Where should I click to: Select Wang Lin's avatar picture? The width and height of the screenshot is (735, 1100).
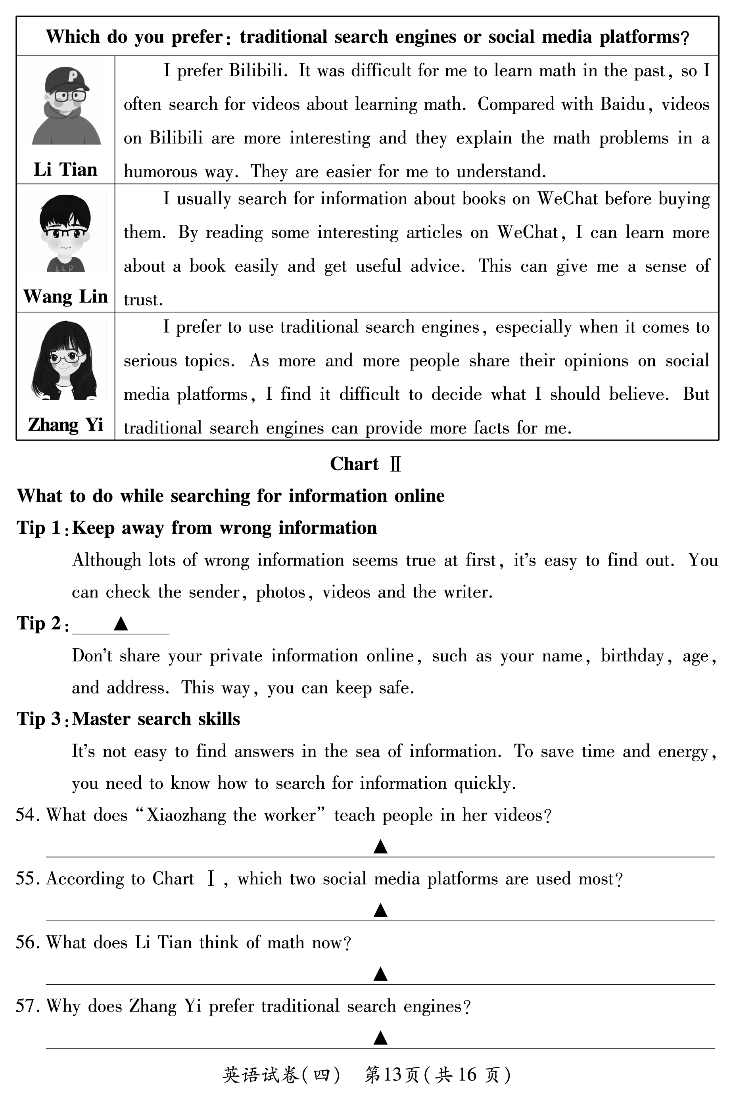65,233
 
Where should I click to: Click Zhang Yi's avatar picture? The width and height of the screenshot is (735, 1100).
65,360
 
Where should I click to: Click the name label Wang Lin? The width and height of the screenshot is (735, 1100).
65,297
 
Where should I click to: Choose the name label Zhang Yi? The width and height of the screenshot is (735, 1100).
65,424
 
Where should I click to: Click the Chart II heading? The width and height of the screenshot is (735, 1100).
365,464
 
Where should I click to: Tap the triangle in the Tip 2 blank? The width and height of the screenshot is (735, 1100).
121,623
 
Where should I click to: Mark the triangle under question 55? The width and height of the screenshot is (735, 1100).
380,910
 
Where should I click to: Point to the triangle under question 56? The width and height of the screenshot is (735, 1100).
380,974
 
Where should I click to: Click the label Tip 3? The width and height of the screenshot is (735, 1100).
39,719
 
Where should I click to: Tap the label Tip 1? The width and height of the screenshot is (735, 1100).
39,528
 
